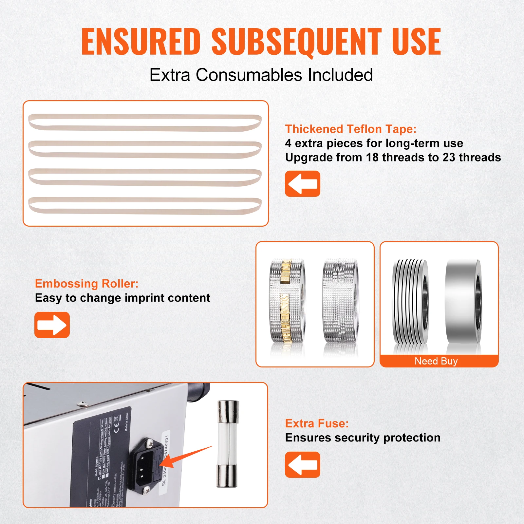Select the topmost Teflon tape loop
145,122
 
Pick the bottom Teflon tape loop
145,205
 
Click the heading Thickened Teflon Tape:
350,129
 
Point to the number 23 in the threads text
449,158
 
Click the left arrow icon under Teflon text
302,184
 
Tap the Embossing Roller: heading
86,284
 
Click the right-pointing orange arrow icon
52,325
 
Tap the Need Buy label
436,361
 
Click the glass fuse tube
228,444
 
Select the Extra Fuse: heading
317,423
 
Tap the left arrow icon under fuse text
302,465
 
